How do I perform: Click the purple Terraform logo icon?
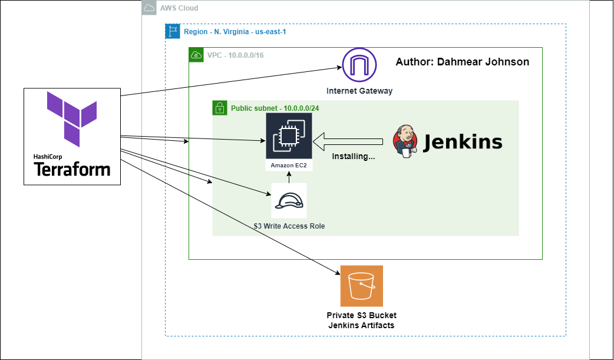pyautogui.click(x=72, y=119)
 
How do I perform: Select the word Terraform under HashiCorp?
pyautogui.click(x=72, y=170)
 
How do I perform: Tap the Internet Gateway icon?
pyautogui.click(x=359, y=65)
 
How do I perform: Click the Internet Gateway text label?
pyautogui.click(x=359, y=91)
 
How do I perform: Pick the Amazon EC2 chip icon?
pyautogui.click(x=289, y=136)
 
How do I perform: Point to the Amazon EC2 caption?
pyautogui.click(x=289, y=166)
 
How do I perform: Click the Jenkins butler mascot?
pyautogui.click(x=405, y=141)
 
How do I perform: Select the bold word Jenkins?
pyautogui.click(x=463, y=142)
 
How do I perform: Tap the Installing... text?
pyautogui.click(x=354, y=156)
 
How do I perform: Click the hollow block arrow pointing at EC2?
pyautogui.click(x=348, y=141)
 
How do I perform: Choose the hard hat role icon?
pyautogui.click(x=289, y=200)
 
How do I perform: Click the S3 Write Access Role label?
pyautogui.click(x=289, y=226)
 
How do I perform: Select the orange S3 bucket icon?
pyautogui.click(x=361, y=286)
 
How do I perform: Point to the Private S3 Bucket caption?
pyautogui.click(x=361, y=315)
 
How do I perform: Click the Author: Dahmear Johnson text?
pyautogui.click(x=463, y=62)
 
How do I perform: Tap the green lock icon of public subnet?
pyautogui.click(x=220, y=108)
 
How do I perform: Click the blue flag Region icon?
pyautogui.click(x=173, y=31)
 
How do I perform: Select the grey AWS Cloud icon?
pyautogui.click(x=149, y=8)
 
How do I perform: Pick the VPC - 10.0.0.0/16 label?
pyautogui.click(x=236, y=55)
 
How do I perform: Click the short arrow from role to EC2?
pyautogui.click(x=289, y=177)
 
